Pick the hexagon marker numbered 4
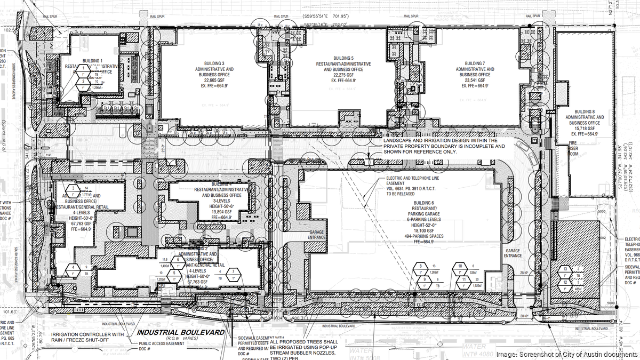pyautogui.click(x=73, y=267)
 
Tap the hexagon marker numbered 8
pyautogui.click(x=421, y=266)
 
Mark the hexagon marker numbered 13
pyautogui.click(x=565, y=269)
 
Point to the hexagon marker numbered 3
pyautogui.click(x=73, y=188)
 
